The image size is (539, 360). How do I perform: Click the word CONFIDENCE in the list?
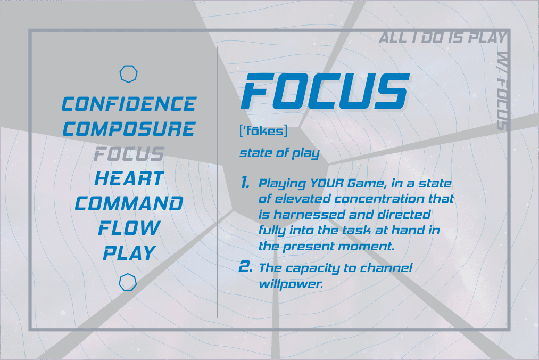(129, 104)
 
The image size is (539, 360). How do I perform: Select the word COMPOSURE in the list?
(129, 129)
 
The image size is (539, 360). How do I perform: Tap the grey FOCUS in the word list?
(129, 154)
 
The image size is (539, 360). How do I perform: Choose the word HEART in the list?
(129, 178)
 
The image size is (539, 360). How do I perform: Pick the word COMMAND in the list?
(129, 203)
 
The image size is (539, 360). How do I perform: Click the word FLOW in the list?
(129, 228)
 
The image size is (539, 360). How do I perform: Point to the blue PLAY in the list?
(129, 253)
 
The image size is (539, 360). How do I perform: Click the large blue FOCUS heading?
(325, 92)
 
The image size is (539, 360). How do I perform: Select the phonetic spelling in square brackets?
(263, 131)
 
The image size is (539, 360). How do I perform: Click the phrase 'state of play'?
(279, 153)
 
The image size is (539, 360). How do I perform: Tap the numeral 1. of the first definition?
(245, 183)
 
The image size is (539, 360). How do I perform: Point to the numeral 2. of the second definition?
(245, 267)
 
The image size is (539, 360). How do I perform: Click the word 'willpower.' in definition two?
(291, 284)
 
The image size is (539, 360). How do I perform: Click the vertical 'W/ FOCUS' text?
(502, 91)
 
